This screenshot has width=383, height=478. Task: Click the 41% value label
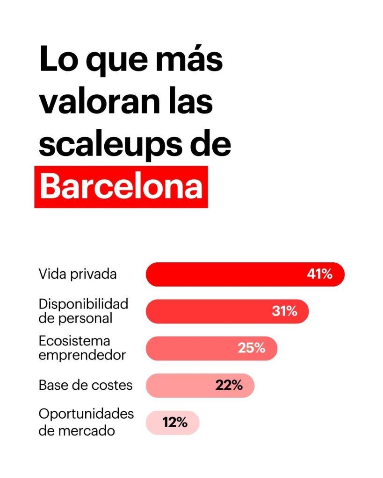point(319,274)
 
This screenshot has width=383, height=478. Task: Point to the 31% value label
point(284,311)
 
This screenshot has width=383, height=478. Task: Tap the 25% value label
point(252,348)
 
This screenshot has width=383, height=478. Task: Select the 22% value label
point(229,385)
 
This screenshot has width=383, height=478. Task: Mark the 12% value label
point(175,422)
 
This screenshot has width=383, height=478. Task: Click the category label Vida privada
point(78,274)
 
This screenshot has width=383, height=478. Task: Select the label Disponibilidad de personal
point(83,311)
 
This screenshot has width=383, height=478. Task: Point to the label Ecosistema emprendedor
point(82,348)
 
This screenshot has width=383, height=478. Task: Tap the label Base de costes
point(86,386)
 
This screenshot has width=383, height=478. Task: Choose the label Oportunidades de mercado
point(86,422)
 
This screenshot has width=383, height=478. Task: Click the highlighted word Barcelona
point(121,187)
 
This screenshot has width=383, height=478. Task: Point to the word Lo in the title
point(56,60)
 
